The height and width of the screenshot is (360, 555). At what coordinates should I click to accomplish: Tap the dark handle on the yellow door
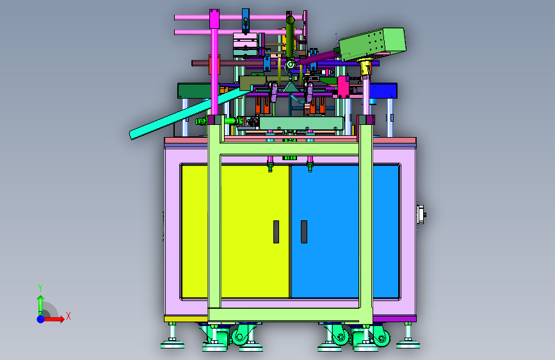[276, 232]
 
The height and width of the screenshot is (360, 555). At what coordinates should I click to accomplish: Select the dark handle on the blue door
[303, 232]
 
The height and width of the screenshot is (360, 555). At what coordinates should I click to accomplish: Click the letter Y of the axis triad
[40, 288]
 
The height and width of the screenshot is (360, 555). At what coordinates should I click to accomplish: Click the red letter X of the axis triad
[68, 316]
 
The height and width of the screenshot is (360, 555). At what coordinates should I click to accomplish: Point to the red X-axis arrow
[53, 319]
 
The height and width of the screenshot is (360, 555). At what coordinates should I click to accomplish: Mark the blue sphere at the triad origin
[41, 319]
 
